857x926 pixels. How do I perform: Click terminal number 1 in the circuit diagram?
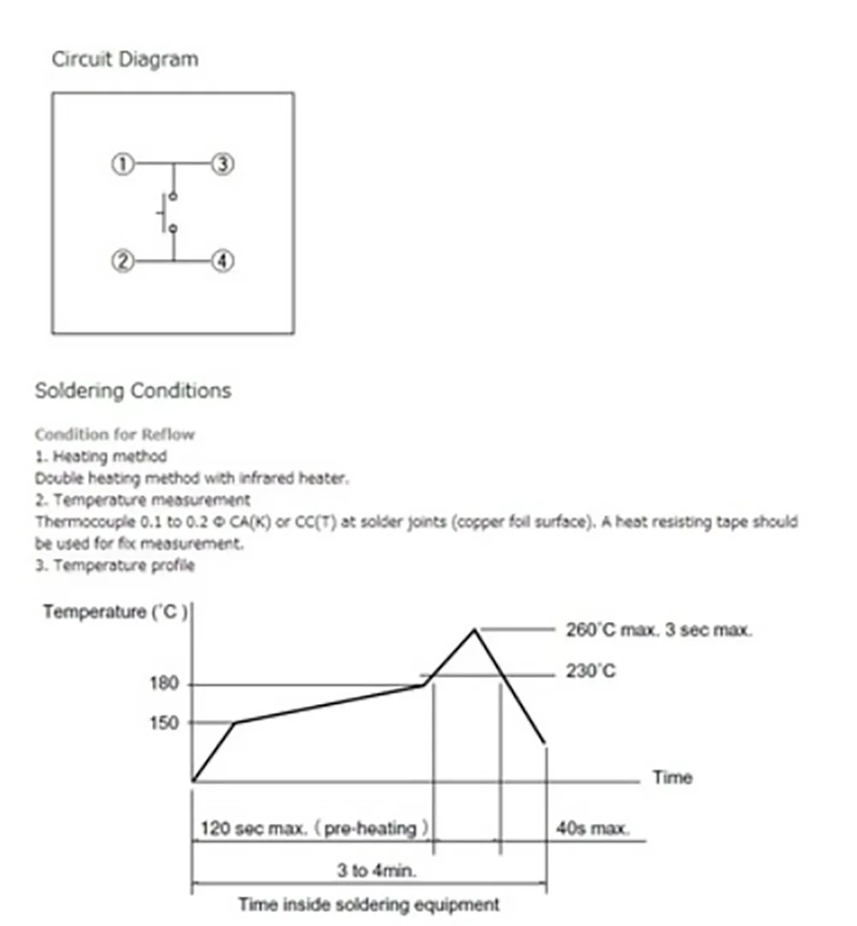tap(123, 164)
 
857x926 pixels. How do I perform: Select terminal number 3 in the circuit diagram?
tap(223, 164)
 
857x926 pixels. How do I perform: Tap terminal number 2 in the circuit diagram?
tap(123, 260)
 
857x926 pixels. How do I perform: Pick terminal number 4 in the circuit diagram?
tap(223, 260)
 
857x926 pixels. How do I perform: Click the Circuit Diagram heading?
tap(125, 60)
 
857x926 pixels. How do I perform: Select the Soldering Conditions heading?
tap(133, 391)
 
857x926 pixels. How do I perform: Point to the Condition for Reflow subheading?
tap(115, 434)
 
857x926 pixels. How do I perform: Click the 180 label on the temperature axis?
tap(165, 684)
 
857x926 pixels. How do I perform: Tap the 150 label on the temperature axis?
tap(165, 723)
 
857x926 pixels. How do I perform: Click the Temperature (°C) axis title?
tap(115, 612)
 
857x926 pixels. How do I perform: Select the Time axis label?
tap(673, 778)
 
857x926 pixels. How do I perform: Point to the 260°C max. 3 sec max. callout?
tap(658, 630)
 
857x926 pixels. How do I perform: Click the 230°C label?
tap(591, 672)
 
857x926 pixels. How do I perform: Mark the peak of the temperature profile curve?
tap(474, 630)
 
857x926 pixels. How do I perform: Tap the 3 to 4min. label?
tap(376, 871)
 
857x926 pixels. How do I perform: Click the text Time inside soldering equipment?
tap(369, 904)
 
